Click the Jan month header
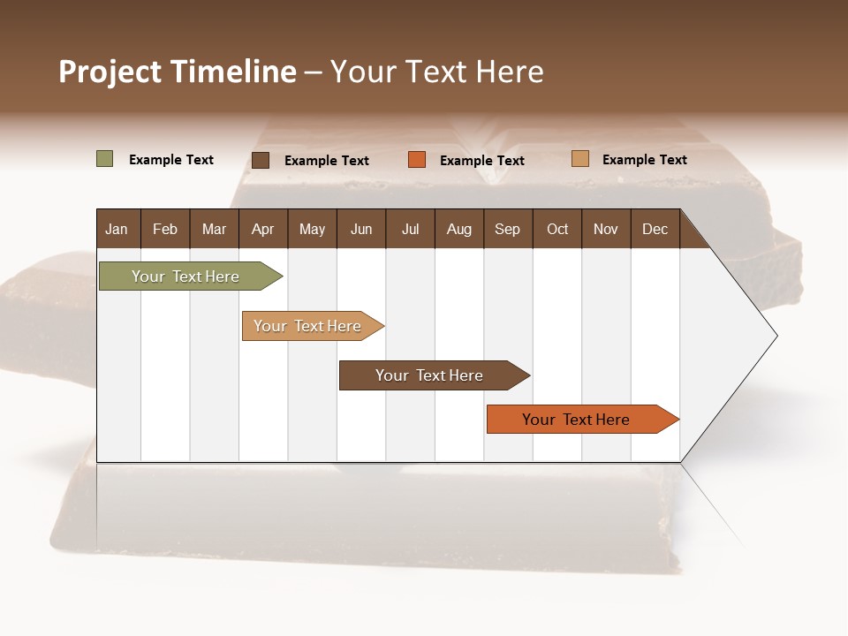[x=117, y=229]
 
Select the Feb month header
[x=165, y=229]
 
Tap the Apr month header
[x=262, y=229]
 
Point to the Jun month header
[x=361, y=229]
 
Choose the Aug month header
[x=458, y=229]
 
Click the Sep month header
[x=507, y=229]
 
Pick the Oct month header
[x=557, y=229]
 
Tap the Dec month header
[x=655, y=229]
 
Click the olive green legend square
[x=104, y=159]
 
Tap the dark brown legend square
[x=260, y=160]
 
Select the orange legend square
[x=417, y=160]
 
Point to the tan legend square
[x=579, y=159]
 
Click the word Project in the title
[x=110, y=72]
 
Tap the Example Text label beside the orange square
[x=482, y=161]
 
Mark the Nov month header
[x=606, y=229]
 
